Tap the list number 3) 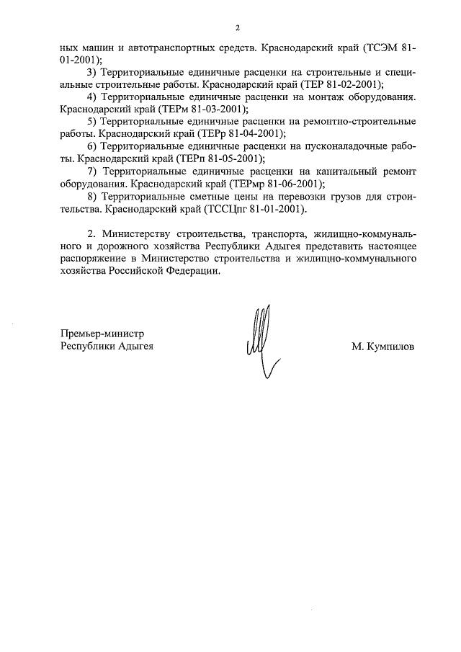(x=91, y=73)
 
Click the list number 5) (x=91, y=121)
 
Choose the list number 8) (x=91, y=196)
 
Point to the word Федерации (x=185, y=272)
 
